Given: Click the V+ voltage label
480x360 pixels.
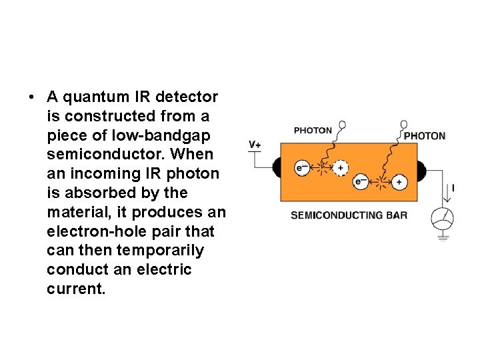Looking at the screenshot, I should (255, 145).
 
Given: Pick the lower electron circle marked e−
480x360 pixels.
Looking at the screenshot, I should (360, 181).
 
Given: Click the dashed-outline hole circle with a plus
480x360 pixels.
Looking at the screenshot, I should (341, 168).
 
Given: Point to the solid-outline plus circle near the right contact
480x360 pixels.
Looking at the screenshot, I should (399, 181).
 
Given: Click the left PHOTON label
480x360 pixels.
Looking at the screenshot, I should (313, 131).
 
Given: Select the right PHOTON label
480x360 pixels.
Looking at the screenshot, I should (425, 136).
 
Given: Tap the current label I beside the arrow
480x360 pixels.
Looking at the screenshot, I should (453, 189).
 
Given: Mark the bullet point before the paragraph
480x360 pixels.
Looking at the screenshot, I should (31, 97).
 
